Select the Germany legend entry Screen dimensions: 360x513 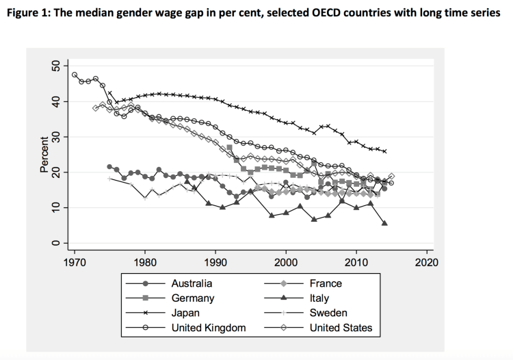(x=193, y=298)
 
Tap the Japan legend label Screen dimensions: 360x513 (x=186, y=313)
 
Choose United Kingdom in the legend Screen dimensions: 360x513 (x=209, y=328)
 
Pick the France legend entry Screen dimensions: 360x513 (x=326, y=283)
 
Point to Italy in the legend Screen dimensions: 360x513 (x=319, y=298)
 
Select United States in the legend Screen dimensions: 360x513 (x=341, y=328)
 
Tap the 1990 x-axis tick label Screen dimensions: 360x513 (x=215, y=261)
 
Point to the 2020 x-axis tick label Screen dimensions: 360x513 (x=426, y=261)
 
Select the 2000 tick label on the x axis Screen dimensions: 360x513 (x=285, y=261)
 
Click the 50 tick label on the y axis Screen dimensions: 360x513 (x=57, y=66)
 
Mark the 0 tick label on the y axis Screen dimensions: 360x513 (x=57, y=243)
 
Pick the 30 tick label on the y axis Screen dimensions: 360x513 (x=57, y=137)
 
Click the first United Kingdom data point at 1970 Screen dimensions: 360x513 (x=74, y=75)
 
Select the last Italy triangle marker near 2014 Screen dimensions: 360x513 (x=385, y=223)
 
